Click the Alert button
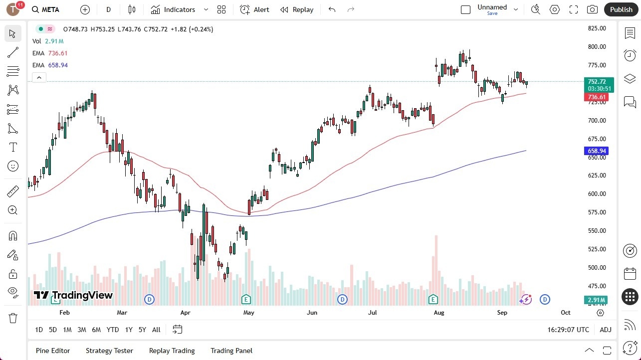point(254,9)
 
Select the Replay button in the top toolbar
point(297,9)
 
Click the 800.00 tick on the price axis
point(597,47)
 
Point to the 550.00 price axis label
point(597,231)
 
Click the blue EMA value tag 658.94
point(597,151)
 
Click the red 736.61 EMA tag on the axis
point(597,97)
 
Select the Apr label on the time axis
point(185,313)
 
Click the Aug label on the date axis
point(439,313)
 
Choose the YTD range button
point(113,330)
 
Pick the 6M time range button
point(96,330)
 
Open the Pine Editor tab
point(53,351)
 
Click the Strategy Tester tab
point(109,351)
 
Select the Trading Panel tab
point(231,351)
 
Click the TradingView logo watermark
point(73,295)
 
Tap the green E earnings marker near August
point(433,299)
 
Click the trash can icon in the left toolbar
point(13,318)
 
